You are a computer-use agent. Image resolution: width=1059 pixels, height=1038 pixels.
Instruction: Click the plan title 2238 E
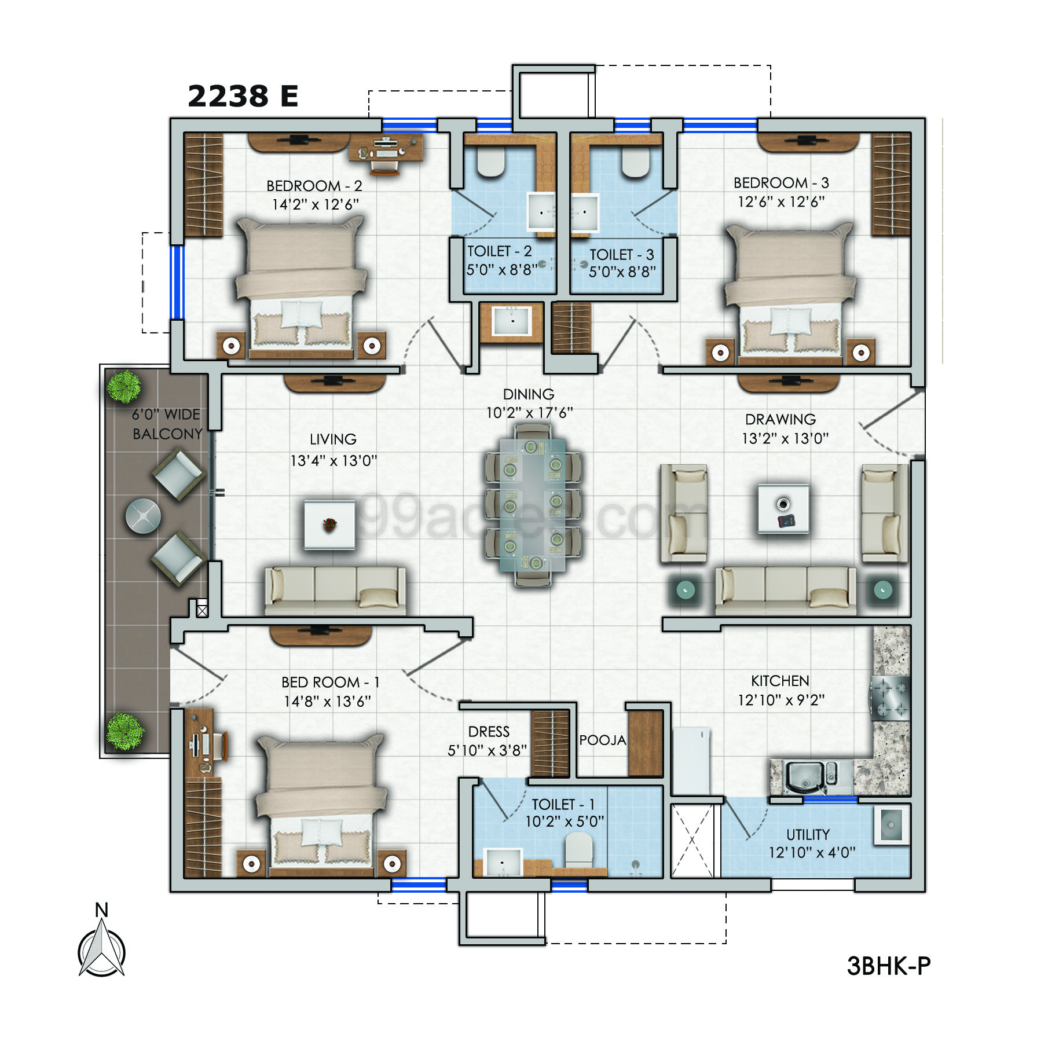pos(243,96)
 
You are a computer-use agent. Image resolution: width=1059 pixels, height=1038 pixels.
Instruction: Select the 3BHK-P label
pos(888,966)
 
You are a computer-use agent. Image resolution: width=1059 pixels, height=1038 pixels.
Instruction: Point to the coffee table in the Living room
pos(330,525)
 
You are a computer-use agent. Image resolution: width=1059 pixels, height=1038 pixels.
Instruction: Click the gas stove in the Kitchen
pos(891,698)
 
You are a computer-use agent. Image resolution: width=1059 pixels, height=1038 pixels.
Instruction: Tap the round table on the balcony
pos(143,515)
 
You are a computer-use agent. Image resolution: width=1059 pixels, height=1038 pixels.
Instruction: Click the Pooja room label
pos(603,740)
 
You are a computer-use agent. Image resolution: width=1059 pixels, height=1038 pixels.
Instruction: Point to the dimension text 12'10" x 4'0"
pos(812,852)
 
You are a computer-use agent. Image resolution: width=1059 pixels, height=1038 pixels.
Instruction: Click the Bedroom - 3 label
pos(781,183)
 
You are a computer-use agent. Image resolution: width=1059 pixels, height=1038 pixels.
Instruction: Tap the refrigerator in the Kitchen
pos(691,760)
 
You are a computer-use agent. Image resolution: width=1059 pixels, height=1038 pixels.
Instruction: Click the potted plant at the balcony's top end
pos(124,386)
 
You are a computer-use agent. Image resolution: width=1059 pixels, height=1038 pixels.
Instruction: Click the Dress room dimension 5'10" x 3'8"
pos(487,750)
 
